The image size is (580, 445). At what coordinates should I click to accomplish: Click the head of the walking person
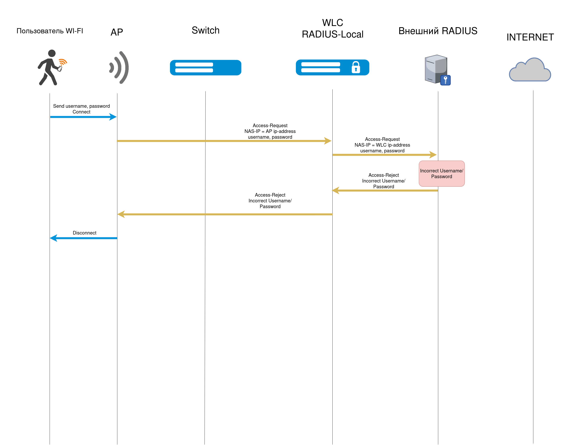[52, 53]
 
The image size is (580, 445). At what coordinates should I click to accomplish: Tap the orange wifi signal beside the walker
[63, 62]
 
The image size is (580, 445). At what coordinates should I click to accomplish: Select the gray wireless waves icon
[120, 67]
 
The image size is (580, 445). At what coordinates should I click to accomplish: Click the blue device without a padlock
[206, 67]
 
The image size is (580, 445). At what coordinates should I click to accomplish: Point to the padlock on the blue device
[356, 67]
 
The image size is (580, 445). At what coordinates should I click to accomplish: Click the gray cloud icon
[530, 70]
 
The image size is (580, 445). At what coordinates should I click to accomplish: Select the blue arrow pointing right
[83, 117]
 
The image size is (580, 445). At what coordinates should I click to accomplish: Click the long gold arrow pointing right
[224, 141]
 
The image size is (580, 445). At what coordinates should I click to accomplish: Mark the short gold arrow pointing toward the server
[384, 155]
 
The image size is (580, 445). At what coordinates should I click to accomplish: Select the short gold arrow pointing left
[385, 190]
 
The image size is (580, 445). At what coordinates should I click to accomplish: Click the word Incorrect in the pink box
[429, 171]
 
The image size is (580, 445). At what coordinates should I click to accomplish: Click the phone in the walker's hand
[60, 69]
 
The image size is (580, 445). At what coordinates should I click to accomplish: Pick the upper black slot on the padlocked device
[320, 64]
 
